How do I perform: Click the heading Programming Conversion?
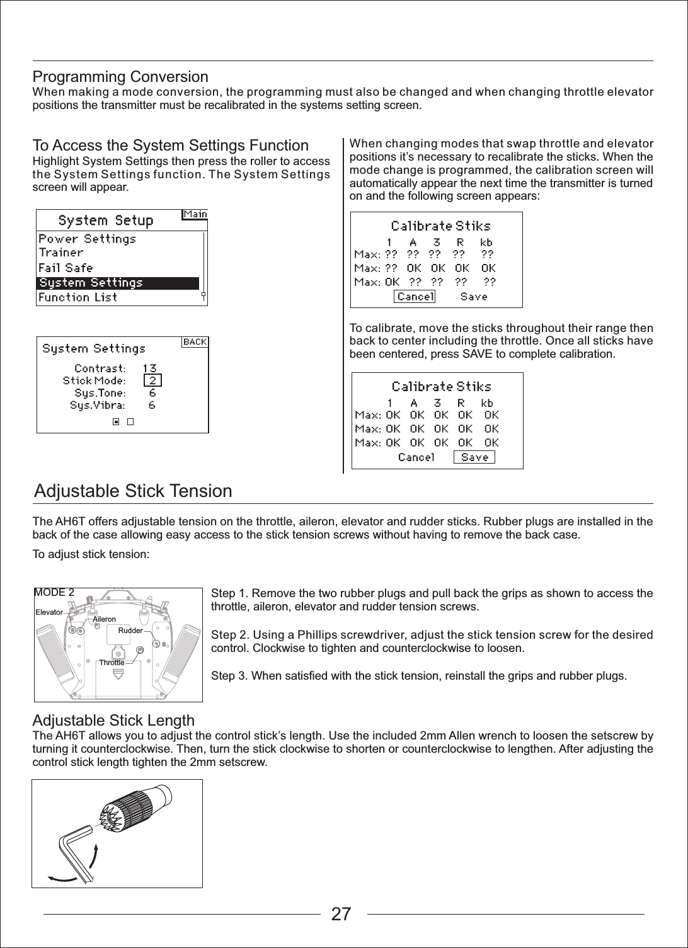pyautogui.click(x=120, y=77)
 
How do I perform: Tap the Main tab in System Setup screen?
pyautogui.click(x=195, y=214)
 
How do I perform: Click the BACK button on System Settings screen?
pyautogui.click(x=195, y=342)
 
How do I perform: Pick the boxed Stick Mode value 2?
pyautogui.click(x=152, y=380)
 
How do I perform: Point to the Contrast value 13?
pyautogui.click(x=149, y=368)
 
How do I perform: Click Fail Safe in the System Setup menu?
pyautogui.click(x=66, y=268)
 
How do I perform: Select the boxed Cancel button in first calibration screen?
pyautogui.click(x=415, y=296)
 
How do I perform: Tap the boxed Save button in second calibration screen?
pyautogui.click(x=474, y=457)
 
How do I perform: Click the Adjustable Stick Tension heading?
pyautogui.click(x=132, y=491)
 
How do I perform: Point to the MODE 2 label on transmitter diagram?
pyautogui.click(x=54, y=593)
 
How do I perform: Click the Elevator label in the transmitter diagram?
pyautogui.click(x=49, y=612)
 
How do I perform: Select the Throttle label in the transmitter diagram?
pyautogui.click(x=112, y=663)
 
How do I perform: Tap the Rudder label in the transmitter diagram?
pyautogui.click(x=130, y=630)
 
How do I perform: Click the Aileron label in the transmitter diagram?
pyautogui.click(x=104, y=620)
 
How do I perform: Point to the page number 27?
pyautogui.click(x=341, y=914)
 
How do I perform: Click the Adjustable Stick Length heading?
pyautogui.click(x=113, y=720)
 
